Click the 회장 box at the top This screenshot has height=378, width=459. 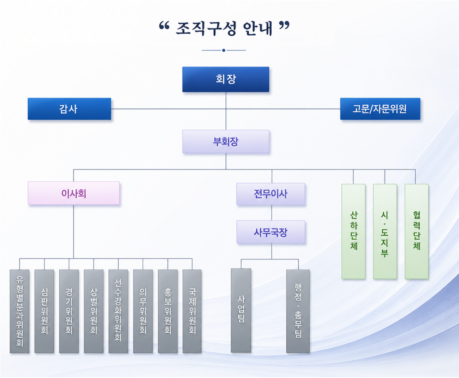(x=226, y=79)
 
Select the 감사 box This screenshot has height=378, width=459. (x=70, y=109)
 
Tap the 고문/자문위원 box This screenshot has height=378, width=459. (x=380, y=109)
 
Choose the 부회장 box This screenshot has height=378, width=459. (x=226, y=142)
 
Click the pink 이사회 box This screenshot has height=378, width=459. (x=74, y=193)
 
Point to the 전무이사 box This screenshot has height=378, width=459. (x=270, y=194)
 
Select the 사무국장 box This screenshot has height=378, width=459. (x=271, y=232)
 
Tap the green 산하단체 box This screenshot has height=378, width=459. (x=353, y=231)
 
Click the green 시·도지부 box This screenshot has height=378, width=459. (x=385, y=231)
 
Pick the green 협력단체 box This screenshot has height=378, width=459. (x=417, y=231)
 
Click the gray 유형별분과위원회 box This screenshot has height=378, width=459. (x=19, y=311)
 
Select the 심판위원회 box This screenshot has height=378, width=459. (x=44, y=311)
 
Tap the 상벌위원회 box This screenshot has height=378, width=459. (x=94, y=311)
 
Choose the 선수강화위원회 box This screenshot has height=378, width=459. (x=118, y=311)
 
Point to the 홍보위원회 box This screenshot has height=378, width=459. (x=168, y=311)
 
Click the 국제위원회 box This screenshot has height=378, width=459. (x=192, y=311)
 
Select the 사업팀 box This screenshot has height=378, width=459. (x=241, y=311)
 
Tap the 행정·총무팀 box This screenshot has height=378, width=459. (x=298, y=311)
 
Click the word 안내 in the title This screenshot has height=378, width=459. (x=257, y=29)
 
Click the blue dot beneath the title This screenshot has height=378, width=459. (x=224, y=50)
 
